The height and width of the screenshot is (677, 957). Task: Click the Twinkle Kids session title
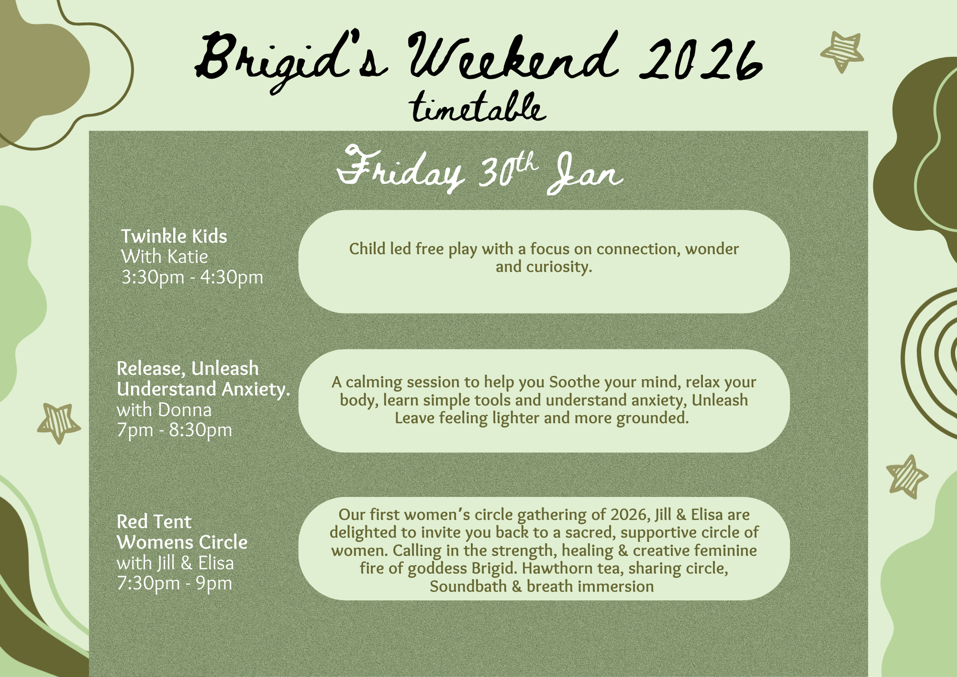pos(174,236)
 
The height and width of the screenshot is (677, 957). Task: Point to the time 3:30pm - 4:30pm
pos(192,277)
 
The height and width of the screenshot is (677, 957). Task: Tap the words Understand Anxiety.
pos(203,389)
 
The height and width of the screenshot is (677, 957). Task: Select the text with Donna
pos(164,410)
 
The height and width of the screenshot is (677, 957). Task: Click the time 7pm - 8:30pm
pos(174,430)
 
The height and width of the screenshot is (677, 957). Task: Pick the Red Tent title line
pos(154,521)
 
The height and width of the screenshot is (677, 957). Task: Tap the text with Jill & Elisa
pos(175,563)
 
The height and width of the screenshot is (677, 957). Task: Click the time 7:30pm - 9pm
pos(174,583)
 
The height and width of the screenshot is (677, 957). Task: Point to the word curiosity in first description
pos(558,267)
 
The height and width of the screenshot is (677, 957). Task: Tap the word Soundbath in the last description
pos(468,587)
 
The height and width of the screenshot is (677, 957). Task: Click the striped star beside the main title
pos(842,51)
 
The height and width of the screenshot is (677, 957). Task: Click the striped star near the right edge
pos(906,476)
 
